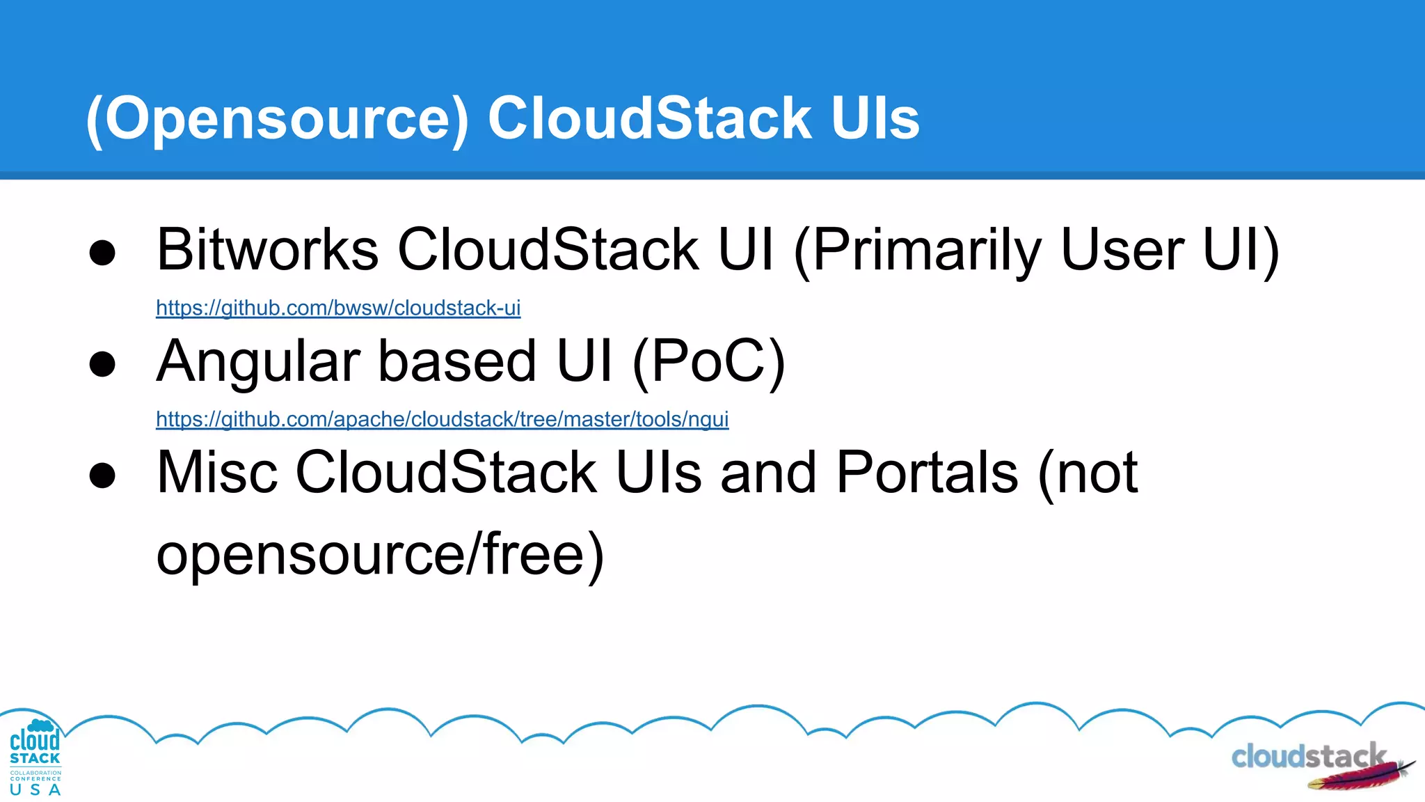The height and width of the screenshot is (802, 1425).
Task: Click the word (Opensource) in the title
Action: click(x=278, y=119)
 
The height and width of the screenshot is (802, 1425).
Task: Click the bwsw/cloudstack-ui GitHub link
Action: click(x=338, y=308)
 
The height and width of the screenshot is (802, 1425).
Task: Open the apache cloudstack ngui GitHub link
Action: click(x=442, y=419)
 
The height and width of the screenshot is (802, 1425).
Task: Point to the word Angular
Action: click(x=258, y=362)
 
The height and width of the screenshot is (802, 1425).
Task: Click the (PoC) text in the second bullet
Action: click(x=708, y=362)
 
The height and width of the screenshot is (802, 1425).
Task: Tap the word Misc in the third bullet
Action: click(x=217, y=473)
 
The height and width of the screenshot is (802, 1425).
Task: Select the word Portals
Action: click(x=928, y=473)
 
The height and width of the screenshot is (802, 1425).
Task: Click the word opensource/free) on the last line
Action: click(x=380, y=555)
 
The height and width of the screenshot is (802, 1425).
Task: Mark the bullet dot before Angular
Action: click(x=102, y=364)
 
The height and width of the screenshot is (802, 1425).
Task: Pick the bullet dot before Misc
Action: click(x=102, y=475)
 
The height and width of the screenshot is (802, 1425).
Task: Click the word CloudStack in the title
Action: click(x=649, y=118)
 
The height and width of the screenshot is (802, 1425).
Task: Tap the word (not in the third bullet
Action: click(x=1088, y=473)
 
